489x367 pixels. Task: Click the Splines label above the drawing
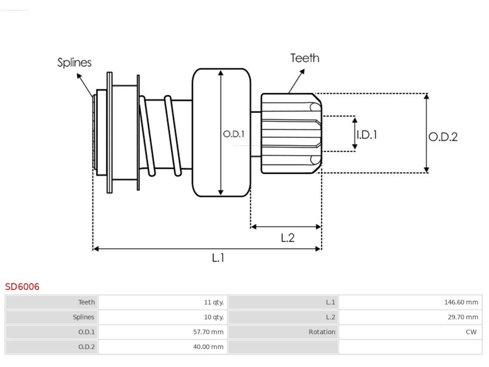pos(74,63)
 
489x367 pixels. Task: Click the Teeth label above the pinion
pos(305,58)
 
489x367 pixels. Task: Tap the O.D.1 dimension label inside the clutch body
pos(234,134)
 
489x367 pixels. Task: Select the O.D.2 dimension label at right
pos(443,137)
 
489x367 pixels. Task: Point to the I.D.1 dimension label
pos(367,135)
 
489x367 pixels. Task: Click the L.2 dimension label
pos(288,238)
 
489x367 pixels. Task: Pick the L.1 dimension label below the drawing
pos(218,258)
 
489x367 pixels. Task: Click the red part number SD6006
pos(22,287)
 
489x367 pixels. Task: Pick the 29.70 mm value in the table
pos(463,317)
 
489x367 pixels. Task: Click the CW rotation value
pos(471,332)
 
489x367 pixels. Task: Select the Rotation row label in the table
pos(322,332)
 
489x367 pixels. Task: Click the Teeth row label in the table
pos(86,302)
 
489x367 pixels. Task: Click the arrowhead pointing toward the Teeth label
pos(304,70)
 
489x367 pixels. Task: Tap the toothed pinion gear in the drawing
pos(291,133)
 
